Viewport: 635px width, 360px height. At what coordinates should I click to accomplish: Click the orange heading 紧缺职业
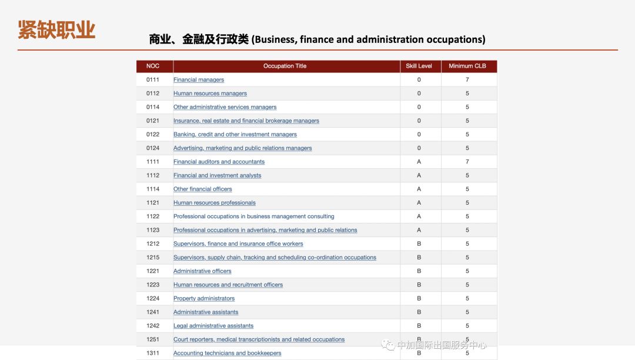pyautogui.click(x=56, y=29)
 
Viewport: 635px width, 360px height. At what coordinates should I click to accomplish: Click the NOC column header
pyautogui.click(x=153, y=66)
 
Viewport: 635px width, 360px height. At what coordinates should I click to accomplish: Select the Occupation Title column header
pyautogui.click(x=285, y=66)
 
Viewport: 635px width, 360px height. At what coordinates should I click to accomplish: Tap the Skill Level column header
pyautogui.click(x=419, y=66)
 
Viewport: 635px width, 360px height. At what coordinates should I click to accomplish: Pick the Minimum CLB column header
pyautogui.click(x=467, y=66)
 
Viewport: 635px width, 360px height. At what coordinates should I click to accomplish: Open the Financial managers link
pyautogui.click(x=199, y=80)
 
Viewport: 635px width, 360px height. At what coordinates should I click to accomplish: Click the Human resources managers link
pyautogui.click(x=210, y=94)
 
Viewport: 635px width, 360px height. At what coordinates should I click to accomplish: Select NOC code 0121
pyautogui.click(x=153, y=121)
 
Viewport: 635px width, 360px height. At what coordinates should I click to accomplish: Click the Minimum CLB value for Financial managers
pyautogui.click(x=467, y=79)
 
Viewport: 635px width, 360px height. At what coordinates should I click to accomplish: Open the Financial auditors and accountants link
pyautogui.click(x=219, y=162)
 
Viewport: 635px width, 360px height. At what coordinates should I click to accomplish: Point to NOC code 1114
pyautogui.click(x=153, y=189)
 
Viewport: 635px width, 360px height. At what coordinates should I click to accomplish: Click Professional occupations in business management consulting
pyautogui.click(x=253, y=216)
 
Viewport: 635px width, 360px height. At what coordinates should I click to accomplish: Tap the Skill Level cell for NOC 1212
pyautogui.click(x=419, y=244)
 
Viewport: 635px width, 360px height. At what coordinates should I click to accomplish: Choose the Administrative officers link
pyautogui.click(x=202, y=271)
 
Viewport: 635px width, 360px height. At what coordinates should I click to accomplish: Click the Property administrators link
pyautogui.click(x=204, y=298)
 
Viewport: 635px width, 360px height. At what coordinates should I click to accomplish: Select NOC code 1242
pyautogui.click(x=153, y=325)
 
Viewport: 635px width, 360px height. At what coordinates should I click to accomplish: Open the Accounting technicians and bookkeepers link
pyautogui.click(x=227, y=353)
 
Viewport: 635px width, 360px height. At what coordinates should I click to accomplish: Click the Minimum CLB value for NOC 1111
pyautogui.click(x=467, y=161)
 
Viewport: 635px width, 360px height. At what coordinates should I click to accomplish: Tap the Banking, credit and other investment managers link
pyautogui.click(x=235, y=135)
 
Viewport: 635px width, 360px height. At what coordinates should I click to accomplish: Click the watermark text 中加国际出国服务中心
pyautogui.click(x=441, y=345)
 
